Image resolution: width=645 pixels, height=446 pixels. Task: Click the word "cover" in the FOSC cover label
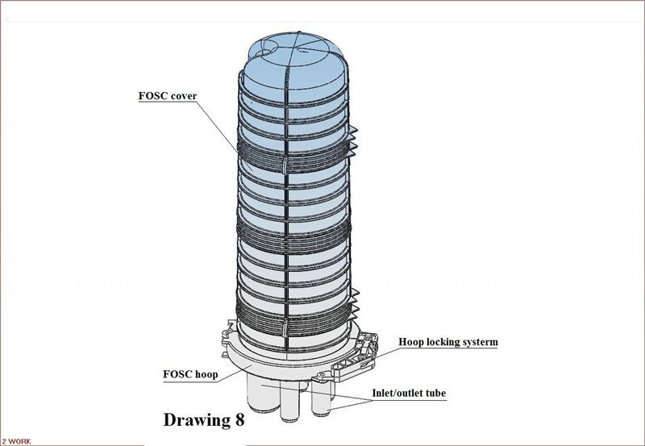(x=183, y=96)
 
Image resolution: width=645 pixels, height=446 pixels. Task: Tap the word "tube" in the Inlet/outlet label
(x=436, y=393)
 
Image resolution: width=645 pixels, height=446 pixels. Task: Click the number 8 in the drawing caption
(x=239, y=419)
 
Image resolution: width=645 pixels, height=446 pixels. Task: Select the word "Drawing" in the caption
(x=197, y=420)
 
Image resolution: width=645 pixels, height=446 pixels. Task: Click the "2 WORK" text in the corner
(x=16, y=441)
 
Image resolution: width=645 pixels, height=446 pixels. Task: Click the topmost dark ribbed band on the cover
(x=294, y=154)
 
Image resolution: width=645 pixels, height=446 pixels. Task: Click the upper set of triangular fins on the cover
(x=353, y=142)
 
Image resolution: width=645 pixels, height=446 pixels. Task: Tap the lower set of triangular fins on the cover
(x=355, y=305)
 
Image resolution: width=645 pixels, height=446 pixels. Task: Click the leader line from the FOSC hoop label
(x=235, y=373)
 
